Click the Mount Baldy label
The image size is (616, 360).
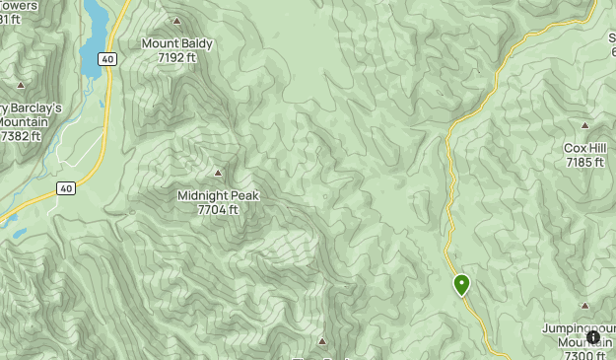tap(176, 43)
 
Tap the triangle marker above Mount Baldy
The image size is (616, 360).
tap(177, 21)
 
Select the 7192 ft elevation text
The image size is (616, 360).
tap(176, 57)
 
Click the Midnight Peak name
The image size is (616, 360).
tap(218, 195)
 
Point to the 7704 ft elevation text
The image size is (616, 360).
tap(218, 209)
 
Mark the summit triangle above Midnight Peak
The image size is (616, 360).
tap(218, 173)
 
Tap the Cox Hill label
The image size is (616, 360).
tap(584, 148)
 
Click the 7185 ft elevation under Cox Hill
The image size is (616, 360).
tap(584, 162)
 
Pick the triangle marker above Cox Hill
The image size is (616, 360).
tap(584, 125)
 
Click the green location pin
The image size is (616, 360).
tap(461, 285)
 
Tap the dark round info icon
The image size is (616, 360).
tap(593, 337)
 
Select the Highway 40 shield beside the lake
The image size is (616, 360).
tap(105, 60)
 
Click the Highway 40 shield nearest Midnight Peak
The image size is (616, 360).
tap(65, 188)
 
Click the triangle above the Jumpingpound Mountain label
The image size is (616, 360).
tap(584, 306)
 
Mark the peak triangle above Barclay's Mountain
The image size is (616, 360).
tap(20, 85)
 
